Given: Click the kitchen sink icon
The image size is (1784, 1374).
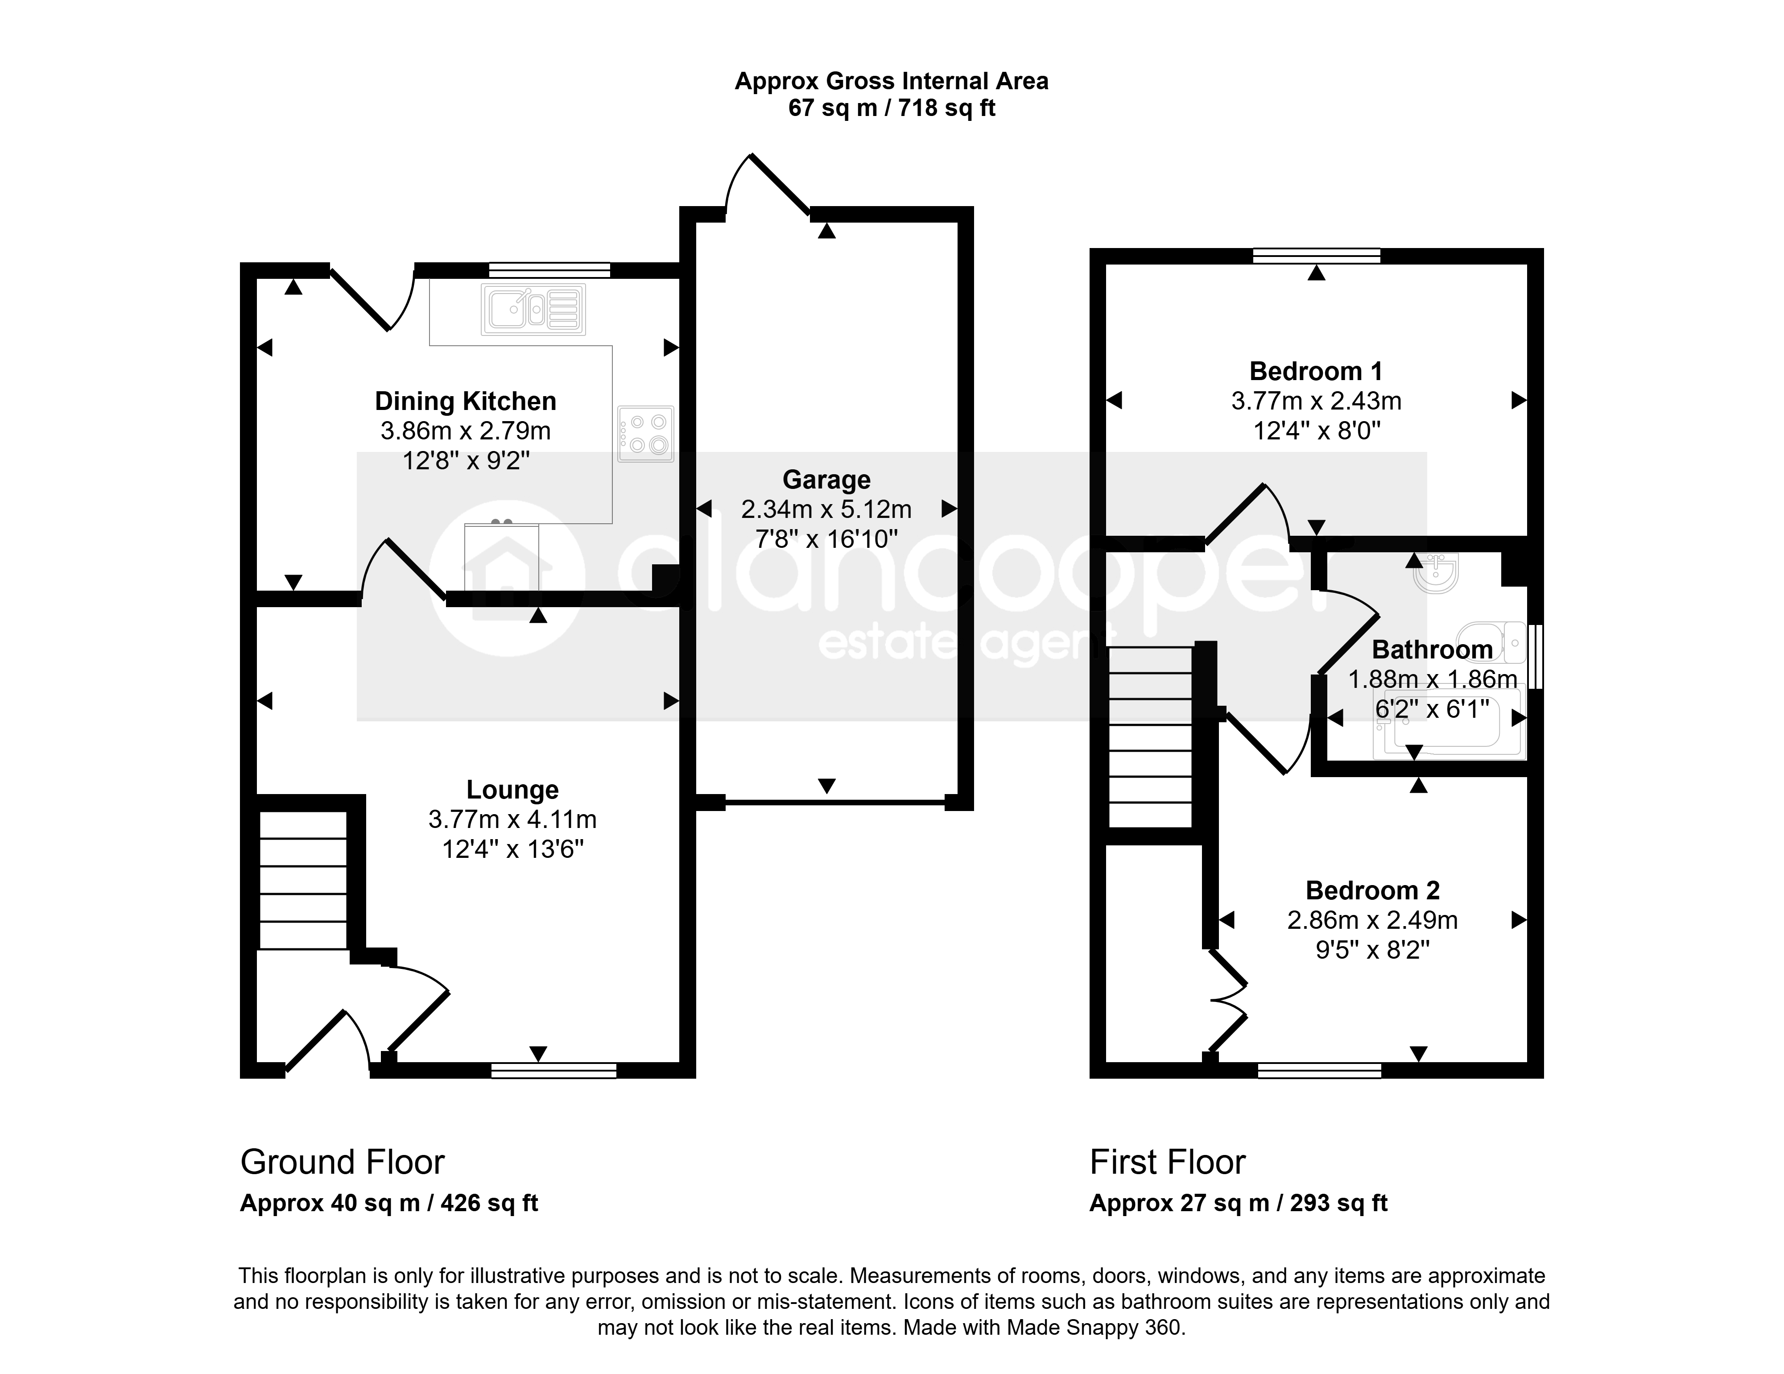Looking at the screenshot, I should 533,310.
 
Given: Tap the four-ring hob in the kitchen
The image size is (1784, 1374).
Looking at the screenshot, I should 645,434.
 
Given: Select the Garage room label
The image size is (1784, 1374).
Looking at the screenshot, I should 826,480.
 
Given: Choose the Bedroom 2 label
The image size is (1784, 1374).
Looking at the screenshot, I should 1372,890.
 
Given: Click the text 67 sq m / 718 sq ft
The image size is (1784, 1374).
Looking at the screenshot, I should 891,108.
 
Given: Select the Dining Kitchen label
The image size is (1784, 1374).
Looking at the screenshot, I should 466,401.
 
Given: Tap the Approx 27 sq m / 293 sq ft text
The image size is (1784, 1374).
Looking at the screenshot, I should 1239,1203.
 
